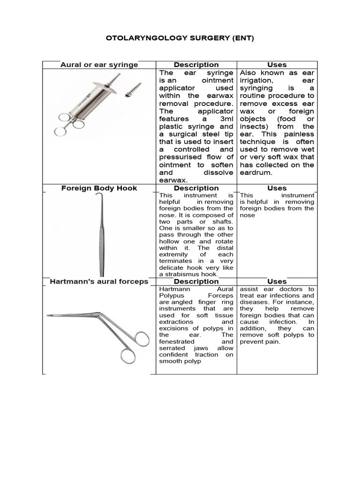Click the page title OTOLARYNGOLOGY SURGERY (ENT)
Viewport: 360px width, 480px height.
pyautogui.click(x=180, y=38)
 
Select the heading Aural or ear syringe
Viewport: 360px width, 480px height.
pyautogui.click(x=99, y=65)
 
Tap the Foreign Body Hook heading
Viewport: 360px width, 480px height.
pyautogui.click(x=99, y=188)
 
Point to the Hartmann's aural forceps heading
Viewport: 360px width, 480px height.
pyautogui.click(x=99, y=281)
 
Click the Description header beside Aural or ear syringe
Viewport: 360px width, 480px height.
pyautogui.click(x=196, y=65)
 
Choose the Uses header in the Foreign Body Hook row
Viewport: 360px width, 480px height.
pyautogui.click(x=277, y=188)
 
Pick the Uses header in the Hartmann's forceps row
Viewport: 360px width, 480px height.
pyautogui.click(x=277, y=281)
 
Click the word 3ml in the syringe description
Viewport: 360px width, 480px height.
pyautogui.click(x=225, y=119)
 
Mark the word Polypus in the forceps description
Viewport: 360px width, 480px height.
pyautogui.click(x=172, y=296)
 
